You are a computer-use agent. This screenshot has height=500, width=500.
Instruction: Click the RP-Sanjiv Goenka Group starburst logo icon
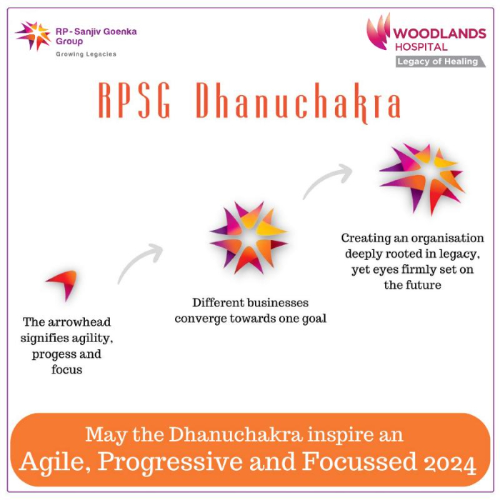click(33, 36)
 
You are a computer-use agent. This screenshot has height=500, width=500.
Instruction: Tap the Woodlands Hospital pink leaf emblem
click(379, 32)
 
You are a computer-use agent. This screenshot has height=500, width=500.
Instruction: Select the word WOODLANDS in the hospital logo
click(439, 34)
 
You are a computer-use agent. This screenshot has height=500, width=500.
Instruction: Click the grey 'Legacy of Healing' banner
click(441, 61)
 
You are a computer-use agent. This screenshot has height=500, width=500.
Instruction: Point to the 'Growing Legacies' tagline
click(86, 54)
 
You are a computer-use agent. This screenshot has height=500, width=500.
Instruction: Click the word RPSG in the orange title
click(134, 101)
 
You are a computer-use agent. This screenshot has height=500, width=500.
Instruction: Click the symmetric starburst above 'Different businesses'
click(249, 238)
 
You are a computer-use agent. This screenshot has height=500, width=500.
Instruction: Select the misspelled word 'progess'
click(52, 354)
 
